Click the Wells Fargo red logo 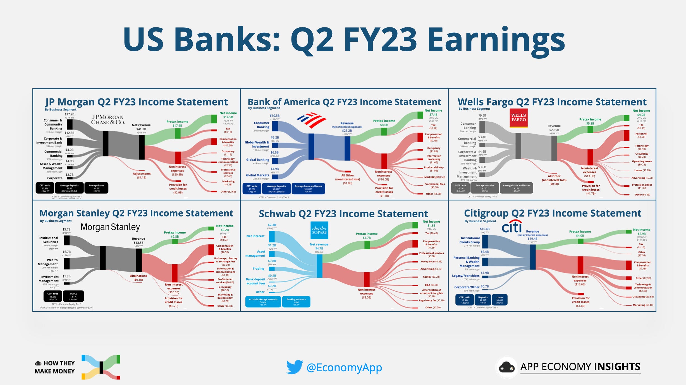coord(518,118)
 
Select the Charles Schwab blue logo coord(319,230)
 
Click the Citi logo coord(512,227)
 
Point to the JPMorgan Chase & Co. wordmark coord(108,120)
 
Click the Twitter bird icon coord(295,367)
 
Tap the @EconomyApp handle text coord(344,367)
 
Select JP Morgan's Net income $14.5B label coord(228,115)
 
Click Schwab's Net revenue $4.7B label coord(319,246)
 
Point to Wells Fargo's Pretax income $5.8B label coord(590,121)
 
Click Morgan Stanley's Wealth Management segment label coord(48,262)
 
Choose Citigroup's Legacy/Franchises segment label coord(465,276)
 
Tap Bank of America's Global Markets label coord(257,175)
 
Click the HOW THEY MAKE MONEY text coord(55,367)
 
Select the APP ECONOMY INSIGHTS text coord(580,367)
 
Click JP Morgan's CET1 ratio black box coord(45,188)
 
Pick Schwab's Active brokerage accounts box coord(263,302)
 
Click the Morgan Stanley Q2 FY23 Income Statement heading coord(136,213)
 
